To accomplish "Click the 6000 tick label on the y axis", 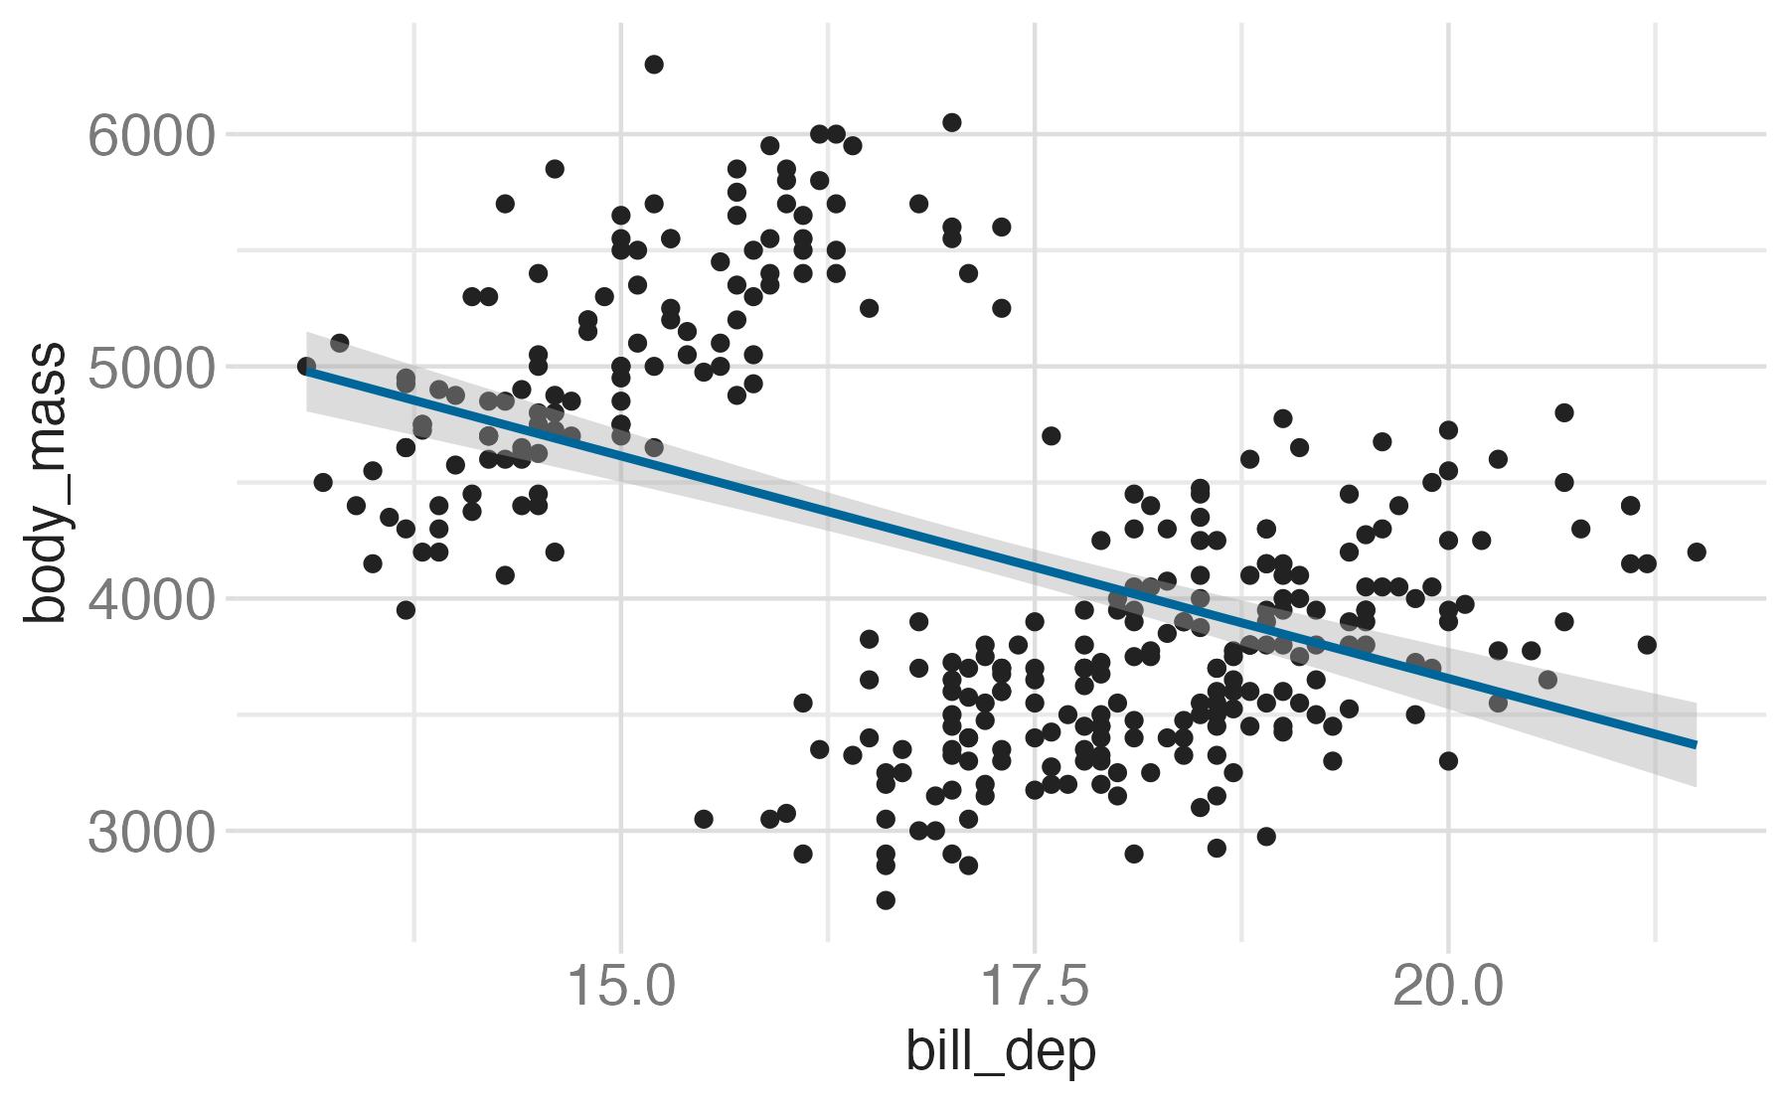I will pyautogui.click(x=151, y=136).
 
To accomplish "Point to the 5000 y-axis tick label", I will pyautogui.click(x=151, y=369).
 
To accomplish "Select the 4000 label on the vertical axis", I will pyautogui.click(x=151, y=600).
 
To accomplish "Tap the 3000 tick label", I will pyautogui.click(x=151, y=833).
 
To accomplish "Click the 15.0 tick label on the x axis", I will pyautogui.click(x=621, y=989).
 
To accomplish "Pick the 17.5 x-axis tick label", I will pyautogui.click(x=1035, y=989).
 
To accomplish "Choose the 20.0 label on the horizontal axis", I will pyautogui.click(x=1448, y=989).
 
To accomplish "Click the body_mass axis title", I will pyautogui.click(x=46, y=484).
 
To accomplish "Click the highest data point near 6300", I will pyautogui.click(x=654, y=65).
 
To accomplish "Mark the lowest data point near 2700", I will pyautogui.click(x=886, y=900).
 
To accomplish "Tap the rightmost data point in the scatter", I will pyautogui.click(x=1697, y=552).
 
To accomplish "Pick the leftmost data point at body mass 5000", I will pyautogui.click(x=306, y=367).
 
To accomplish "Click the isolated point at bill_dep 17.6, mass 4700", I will pyautogui.click(x=1052, y=435).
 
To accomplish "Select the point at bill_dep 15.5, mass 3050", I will pyautogui.click(x=704, y=819).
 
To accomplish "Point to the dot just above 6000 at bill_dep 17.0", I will pyautogui.click(x=952, y=122).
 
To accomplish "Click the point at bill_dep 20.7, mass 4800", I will pyautogui.click(x=1564, y=412).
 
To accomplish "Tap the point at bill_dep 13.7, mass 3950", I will pyautogui.click(x=406, y=610).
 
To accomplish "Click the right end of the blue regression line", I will pyautogui.click(x=1695, y=743).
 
